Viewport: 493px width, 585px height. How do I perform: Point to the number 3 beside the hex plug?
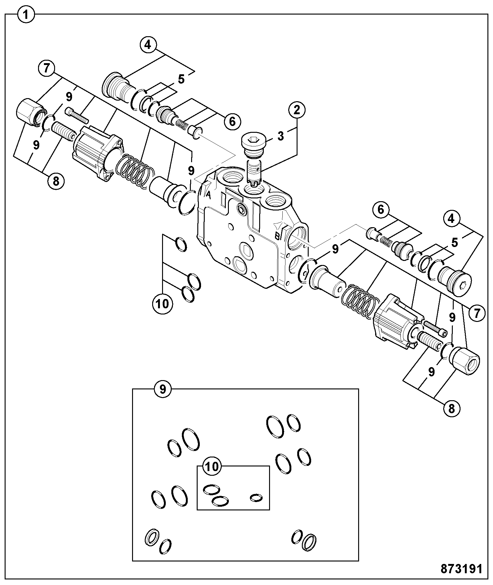click(281, 136)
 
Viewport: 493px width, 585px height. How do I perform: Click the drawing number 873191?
click(461, 568)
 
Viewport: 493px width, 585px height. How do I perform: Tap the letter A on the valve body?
click(208, 195)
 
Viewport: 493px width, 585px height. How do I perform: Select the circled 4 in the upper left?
click(148, 45)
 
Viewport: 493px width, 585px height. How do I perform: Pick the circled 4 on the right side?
click(451, 219)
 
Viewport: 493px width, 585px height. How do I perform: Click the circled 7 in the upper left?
click(46, 68)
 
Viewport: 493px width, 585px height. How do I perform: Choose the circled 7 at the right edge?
click(477, 313)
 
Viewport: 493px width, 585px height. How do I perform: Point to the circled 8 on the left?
click(56, 181)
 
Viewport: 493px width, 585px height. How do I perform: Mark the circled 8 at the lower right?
click(452, 409)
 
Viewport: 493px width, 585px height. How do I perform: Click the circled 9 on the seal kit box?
click(163, 389)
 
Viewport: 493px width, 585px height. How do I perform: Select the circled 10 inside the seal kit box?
click(212, 466)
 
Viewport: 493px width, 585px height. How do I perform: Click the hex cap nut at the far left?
click(30, 112)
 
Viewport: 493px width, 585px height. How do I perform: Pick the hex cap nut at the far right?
click(466, 361)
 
